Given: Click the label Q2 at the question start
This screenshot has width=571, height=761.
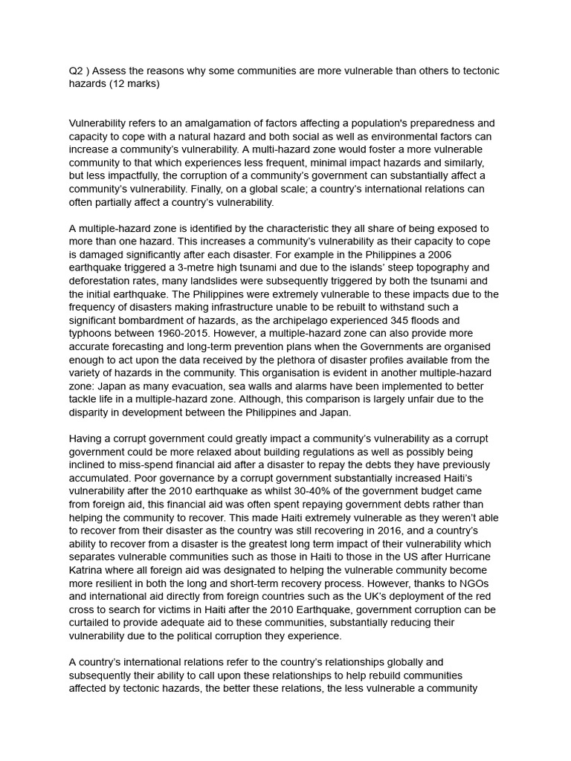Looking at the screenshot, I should click(x=77, y=71).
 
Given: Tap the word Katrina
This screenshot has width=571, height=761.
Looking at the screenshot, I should click(x=88, y=570).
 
